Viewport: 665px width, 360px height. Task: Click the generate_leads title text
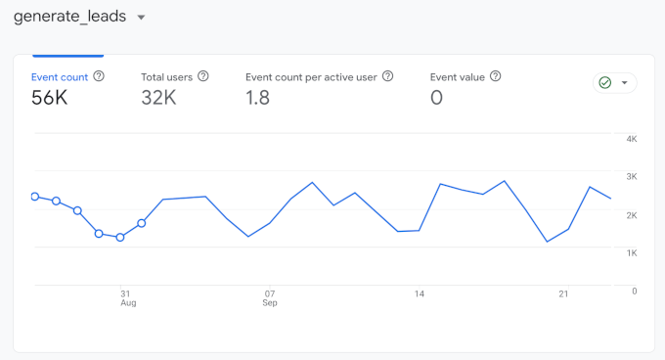click(x=69, y=17)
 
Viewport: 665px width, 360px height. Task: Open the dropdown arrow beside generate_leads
click(x=141, y=18)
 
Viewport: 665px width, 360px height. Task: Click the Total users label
click(x=166, y=76)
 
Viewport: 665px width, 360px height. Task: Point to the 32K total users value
click(x=159, y=97)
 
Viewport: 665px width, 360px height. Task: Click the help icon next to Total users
click(x=202, y=76)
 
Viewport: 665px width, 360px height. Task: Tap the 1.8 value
click(x=257, y=97)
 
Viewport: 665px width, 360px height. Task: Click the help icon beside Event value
click(x=496, y=76)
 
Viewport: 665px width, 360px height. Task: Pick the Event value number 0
click(x=436, y=97)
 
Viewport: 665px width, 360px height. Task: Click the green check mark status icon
click(x=605, y=83)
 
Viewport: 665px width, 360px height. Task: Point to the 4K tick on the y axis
click(x=632, y=139)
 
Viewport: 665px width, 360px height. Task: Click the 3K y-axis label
click(x=632, y=176)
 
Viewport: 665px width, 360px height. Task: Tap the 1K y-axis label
click(x=632, y=252)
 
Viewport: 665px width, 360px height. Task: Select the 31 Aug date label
click(x=126, y=297)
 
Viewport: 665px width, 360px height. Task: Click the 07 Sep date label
click(x=269, y=297)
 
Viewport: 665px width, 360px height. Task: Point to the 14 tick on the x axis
click(x=419, y=292)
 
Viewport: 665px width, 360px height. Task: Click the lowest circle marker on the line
click(x=120, y=238)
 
